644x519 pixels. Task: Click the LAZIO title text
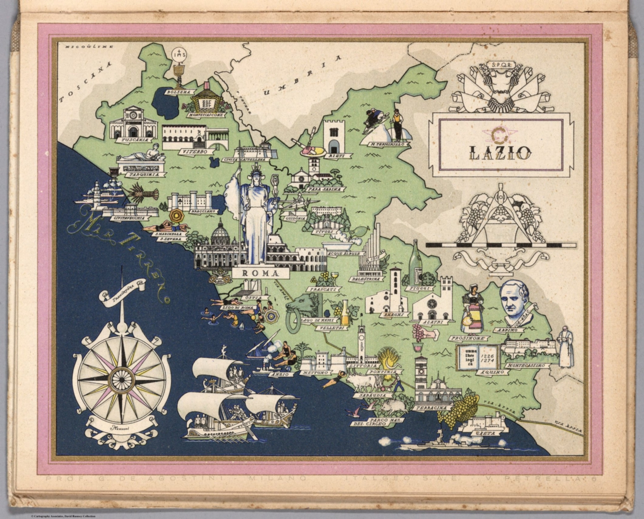(499, 153)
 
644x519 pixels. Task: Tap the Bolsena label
(178, 91)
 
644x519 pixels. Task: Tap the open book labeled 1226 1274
(478, 357)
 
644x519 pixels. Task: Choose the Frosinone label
(469, 338)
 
